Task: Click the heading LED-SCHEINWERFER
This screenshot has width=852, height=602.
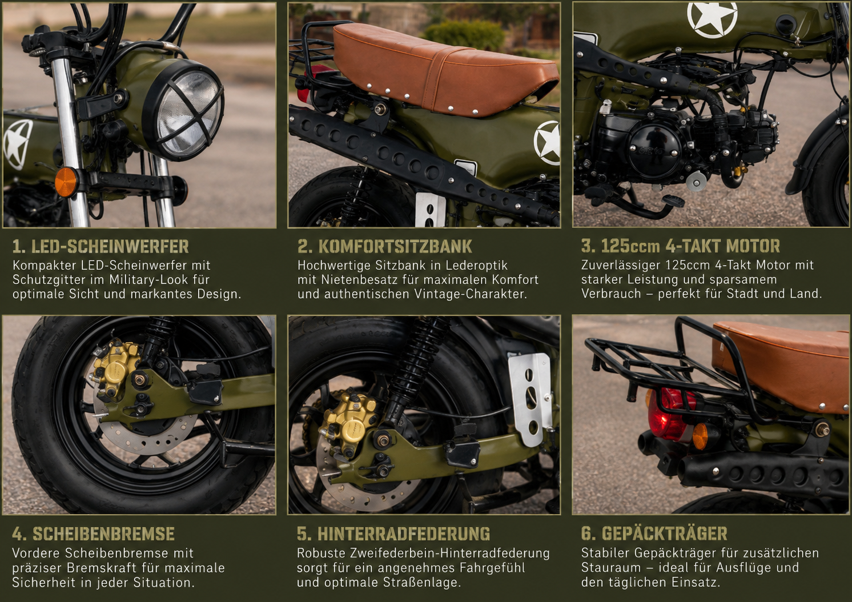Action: [x=110, y=246]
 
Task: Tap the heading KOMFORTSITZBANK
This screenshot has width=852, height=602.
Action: [x=395, y=246]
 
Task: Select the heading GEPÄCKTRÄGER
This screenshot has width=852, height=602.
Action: [x=665, y=533]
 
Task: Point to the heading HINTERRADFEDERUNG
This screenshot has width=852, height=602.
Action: [x=404, y=533]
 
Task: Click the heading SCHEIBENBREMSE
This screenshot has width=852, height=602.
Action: [x=103, y=533]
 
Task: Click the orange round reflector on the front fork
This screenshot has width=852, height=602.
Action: [x=66, y=182]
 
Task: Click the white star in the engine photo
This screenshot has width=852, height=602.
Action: [x=712, y=18]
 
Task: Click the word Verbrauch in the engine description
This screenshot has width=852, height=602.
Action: [x=611, y=294]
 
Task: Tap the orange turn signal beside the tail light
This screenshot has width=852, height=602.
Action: [x=701, y=436]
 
